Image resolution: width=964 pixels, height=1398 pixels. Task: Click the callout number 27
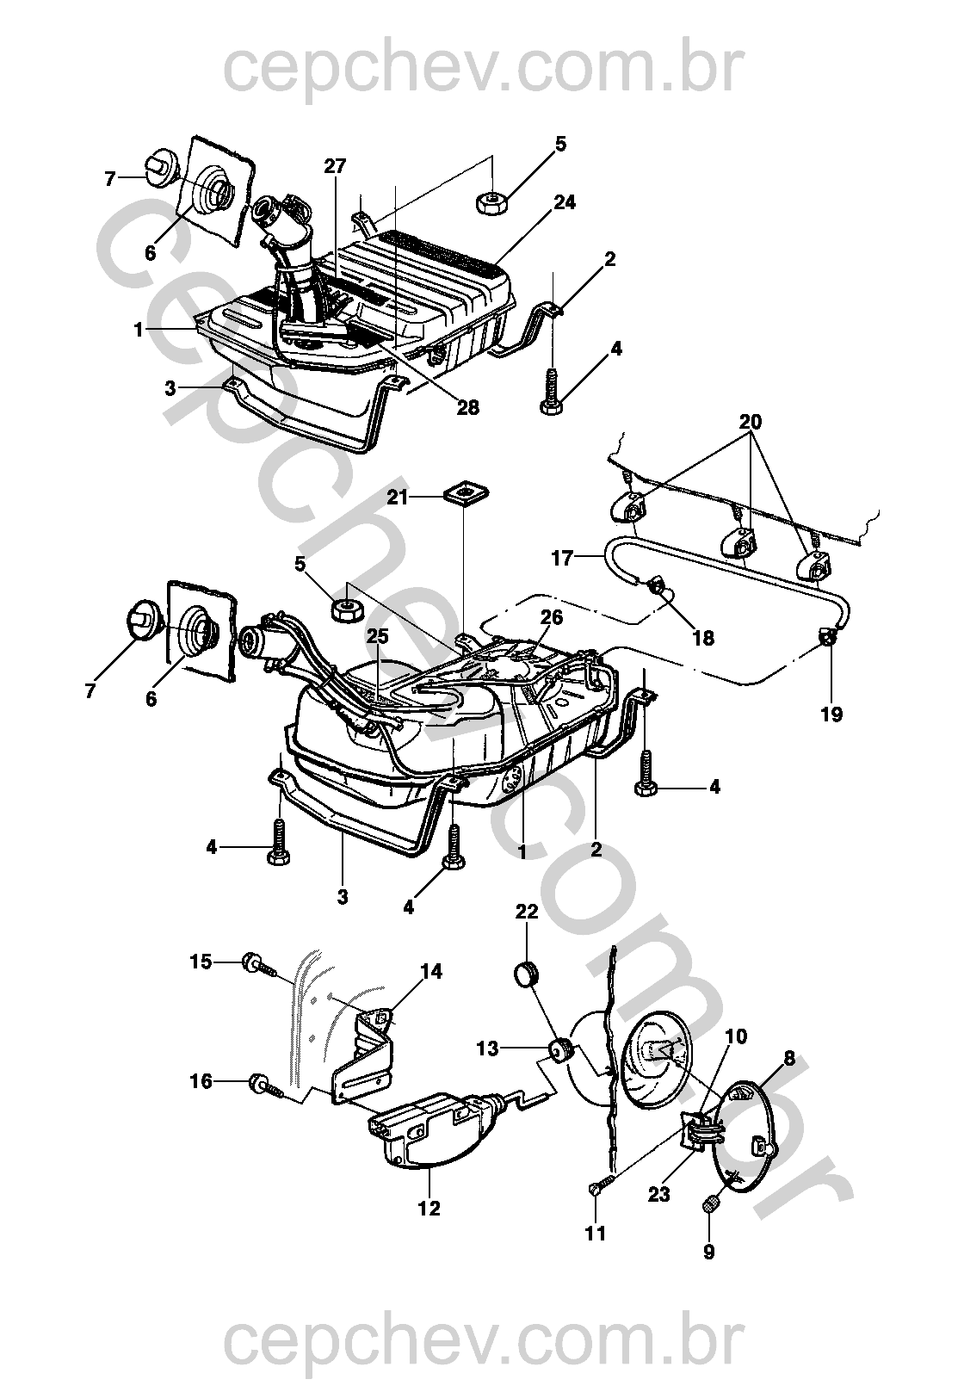point(335,166)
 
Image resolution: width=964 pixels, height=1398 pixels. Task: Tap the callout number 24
point(565,203)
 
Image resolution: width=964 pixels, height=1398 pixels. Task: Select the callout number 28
point(467,407)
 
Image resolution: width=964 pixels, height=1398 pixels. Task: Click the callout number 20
point(750,422)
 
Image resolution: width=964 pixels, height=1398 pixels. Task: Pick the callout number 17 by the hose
point(562,559)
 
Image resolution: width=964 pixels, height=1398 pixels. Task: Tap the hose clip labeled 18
point(661,587)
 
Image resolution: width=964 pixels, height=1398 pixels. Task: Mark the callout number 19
point(831,714)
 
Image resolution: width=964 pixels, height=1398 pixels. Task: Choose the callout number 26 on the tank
point(552,617)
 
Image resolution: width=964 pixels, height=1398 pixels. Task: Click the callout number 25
point(378,636)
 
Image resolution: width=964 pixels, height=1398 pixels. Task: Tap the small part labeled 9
point(711,1205)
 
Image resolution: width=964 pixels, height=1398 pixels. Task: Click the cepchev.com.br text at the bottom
point(482,1343)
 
